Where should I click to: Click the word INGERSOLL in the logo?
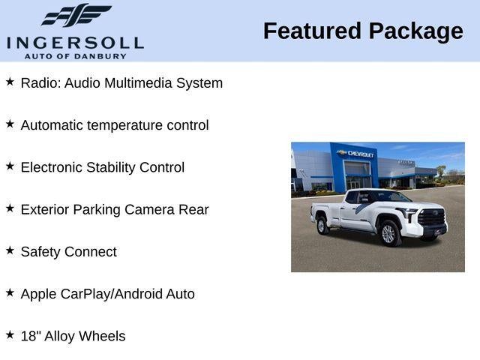(75, 41)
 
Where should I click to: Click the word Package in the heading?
(416, 31)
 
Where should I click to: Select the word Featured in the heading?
(312, 31)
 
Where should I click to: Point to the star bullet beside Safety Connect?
(10, 250)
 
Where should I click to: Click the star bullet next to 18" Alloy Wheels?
(10, 335)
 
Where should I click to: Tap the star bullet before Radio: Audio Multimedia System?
(10, 82)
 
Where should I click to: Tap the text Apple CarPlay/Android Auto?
(107, 294)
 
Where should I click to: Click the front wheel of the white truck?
(388, 232)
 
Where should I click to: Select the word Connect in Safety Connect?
(91, 252)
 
